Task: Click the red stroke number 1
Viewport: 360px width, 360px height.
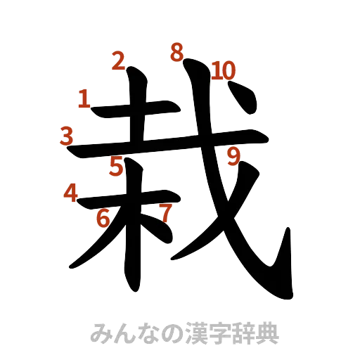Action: pos(84,100)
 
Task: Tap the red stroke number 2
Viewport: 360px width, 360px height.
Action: pos(118,62)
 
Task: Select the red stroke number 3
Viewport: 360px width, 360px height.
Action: pos(66,135)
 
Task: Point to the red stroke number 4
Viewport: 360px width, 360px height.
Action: pos(70,192)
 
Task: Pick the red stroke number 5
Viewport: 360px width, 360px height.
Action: pos(116,167)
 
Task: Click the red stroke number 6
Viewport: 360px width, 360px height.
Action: pos(103,218)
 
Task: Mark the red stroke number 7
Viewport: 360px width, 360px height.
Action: pos(165,212)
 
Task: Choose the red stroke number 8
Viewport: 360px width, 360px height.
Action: pos(177,52)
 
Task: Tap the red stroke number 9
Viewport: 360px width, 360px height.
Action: pos(233,156)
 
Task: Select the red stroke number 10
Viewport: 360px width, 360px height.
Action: pos(224,70)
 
